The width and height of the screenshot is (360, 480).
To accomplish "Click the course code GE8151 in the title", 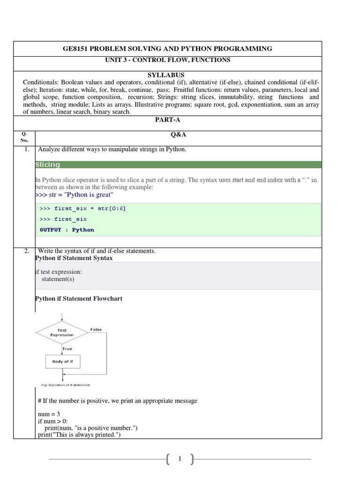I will (77, 49).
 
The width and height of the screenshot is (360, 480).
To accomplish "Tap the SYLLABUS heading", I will (167, 75).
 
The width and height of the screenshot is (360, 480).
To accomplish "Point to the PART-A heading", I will (167, 120).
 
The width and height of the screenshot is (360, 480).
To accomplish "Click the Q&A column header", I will (178, 134).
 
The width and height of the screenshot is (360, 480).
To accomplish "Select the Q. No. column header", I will (24, 137).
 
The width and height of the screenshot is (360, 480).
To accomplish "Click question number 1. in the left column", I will (27, 150).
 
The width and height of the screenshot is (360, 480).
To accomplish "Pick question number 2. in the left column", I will (27, 251).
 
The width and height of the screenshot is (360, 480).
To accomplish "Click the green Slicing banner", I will (178, 165).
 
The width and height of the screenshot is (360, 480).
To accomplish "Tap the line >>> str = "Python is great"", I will (75, 195).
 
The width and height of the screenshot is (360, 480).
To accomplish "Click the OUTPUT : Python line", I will (67, 230).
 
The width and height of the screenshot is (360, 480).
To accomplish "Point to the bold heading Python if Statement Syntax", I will (74, 258).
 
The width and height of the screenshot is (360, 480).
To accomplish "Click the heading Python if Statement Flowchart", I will (79, 299).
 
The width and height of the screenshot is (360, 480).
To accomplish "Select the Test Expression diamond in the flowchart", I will (62, 332).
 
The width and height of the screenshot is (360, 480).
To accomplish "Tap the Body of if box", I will (62, 361).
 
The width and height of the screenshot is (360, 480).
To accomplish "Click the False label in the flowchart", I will (96, 330).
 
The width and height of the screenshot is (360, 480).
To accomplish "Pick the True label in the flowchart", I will (67, 348).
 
